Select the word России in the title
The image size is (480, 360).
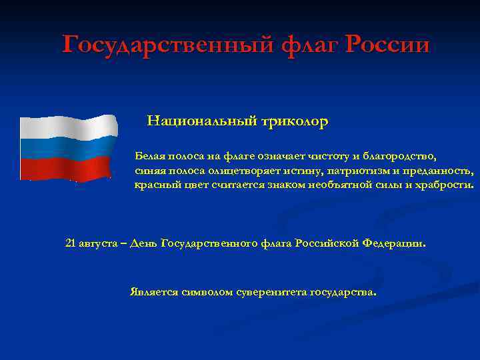pos(387,45)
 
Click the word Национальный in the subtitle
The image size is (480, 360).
pos(193,121)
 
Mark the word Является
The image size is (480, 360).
pos(154,291)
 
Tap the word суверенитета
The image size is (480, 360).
pos(271,292)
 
